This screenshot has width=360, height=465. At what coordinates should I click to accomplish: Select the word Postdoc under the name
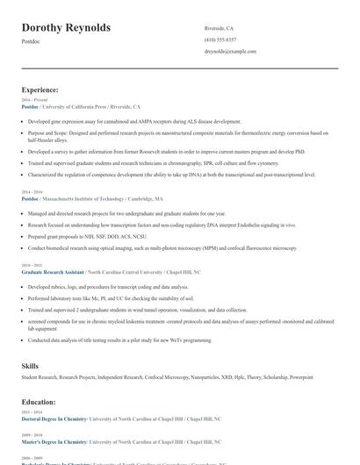31,41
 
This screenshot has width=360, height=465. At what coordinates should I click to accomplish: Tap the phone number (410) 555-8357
220,39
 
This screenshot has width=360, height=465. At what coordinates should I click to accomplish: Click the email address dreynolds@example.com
230,52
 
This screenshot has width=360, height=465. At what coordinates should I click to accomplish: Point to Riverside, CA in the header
219,28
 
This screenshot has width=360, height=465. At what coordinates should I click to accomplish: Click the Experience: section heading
40,89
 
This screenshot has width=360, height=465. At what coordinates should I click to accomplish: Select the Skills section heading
30,364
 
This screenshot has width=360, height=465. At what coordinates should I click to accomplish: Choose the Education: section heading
39,401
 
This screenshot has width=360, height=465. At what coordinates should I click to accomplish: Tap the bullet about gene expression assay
133,121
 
